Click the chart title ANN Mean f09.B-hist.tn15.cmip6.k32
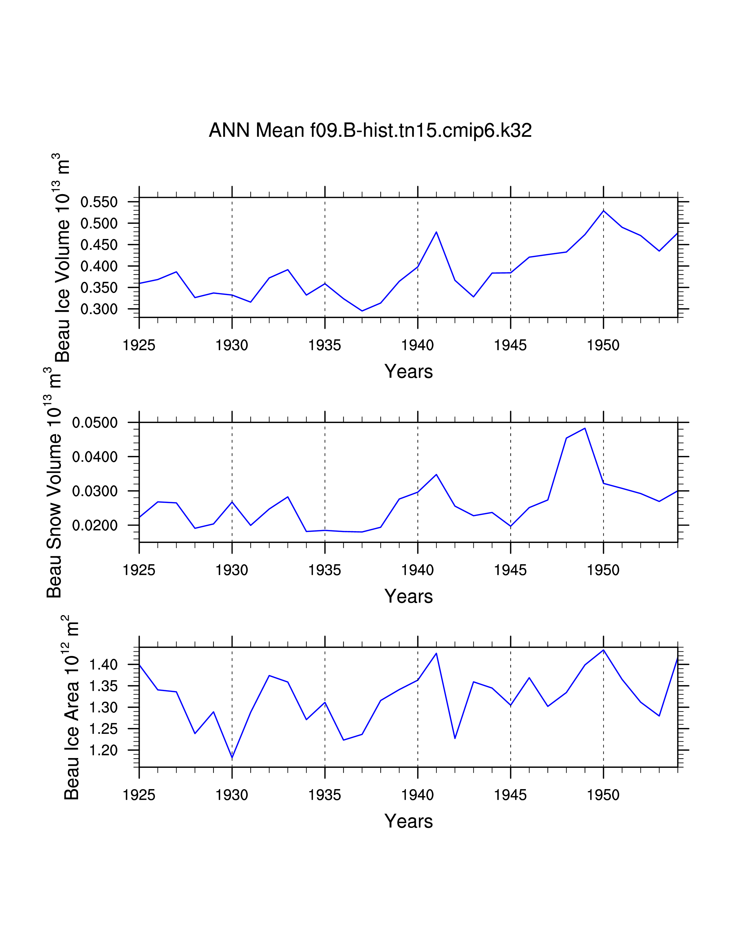coord(370,130)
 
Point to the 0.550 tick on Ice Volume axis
coord(99,202)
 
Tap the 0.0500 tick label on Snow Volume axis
coord(95,422)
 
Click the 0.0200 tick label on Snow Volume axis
coord(95,525)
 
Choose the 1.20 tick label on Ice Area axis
coord(103,750)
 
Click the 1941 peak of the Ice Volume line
coord(436,232)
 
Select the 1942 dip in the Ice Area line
coord(455,738)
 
